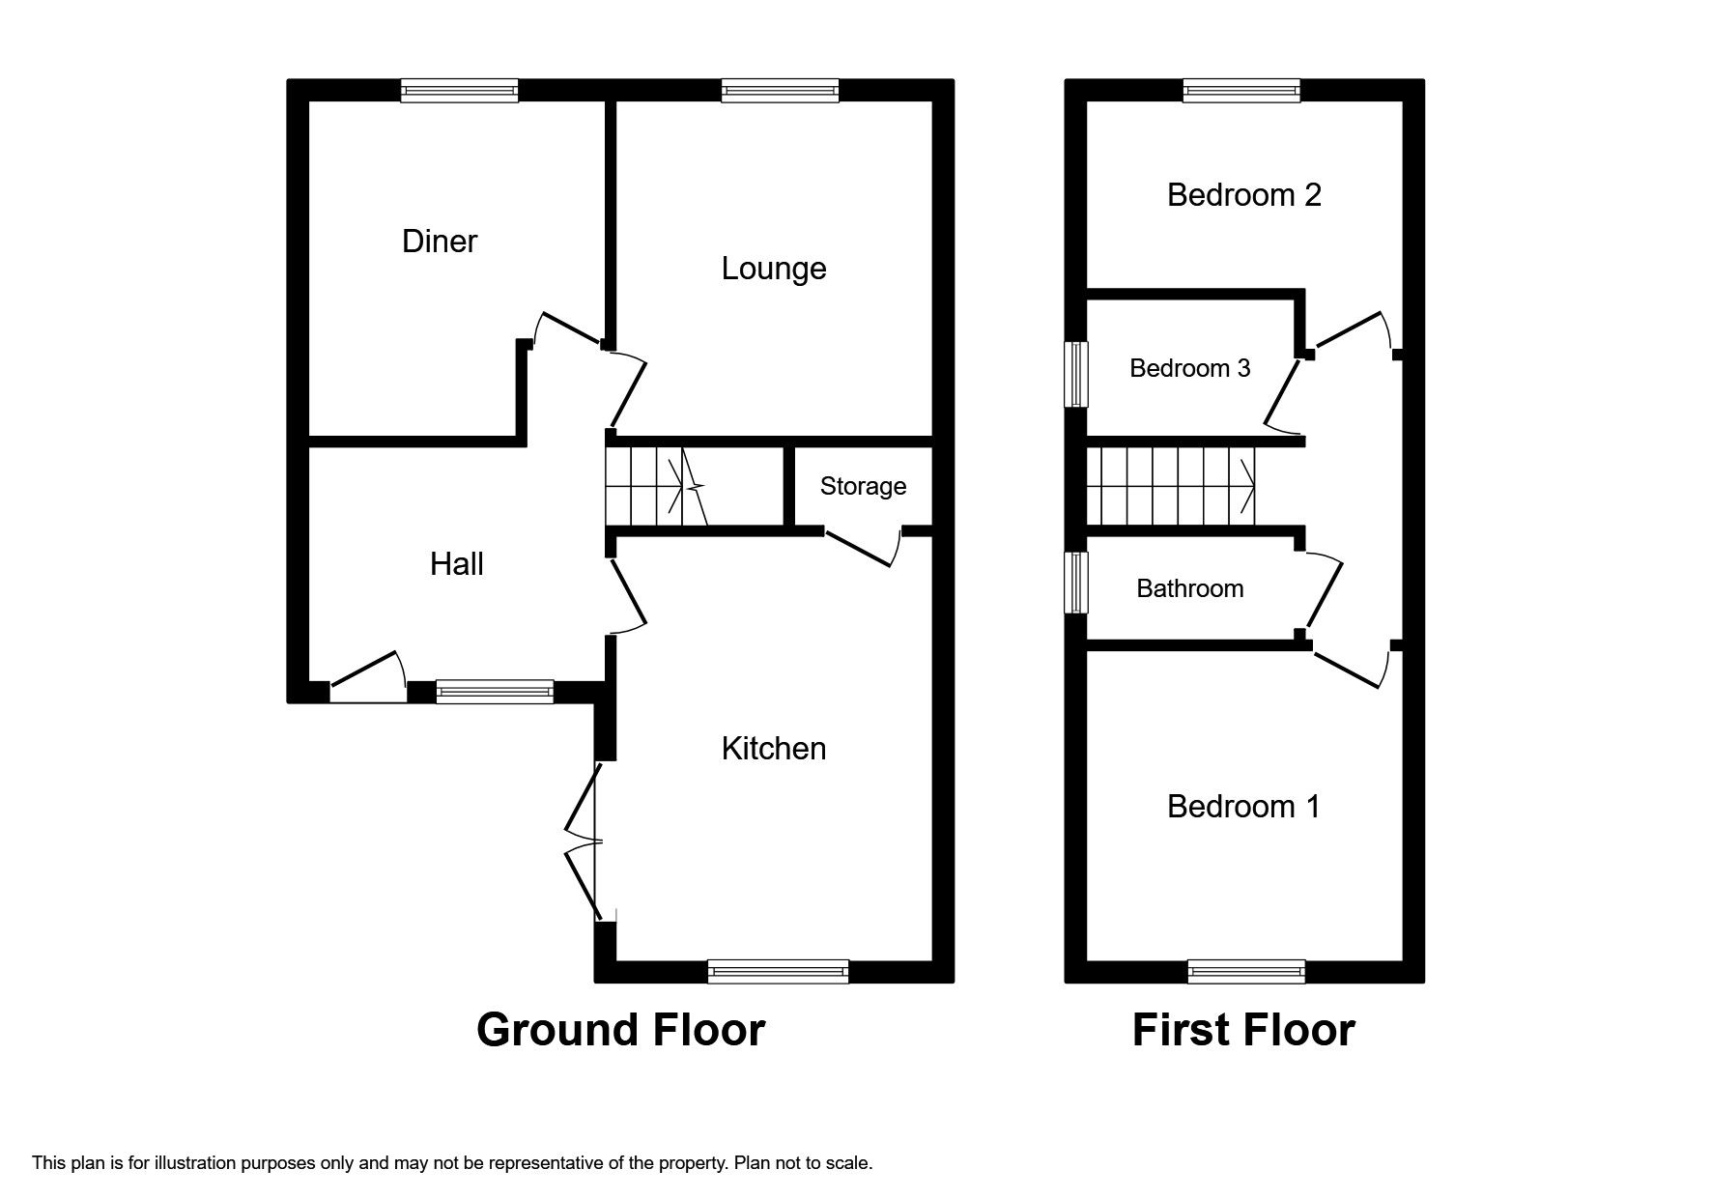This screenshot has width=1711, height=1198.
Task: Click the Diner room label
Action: click(x=439, y=241)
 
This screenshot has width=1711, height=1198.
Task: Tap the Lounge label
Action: click(x=773, y=268)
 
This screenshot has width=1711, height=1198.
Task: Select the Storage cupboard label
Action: click(x=863, y=486)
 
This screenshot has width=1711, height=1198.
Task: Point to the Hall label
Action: click(x=456, y=563)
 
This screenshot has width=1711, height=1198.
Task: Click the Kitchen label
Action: click(x=773, y=748)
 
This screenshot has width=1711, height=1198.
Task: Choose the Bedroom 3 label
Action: click(x=1189, y=368)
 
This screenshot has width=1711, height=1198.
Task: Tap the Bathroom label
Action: click(x=1189, y=588)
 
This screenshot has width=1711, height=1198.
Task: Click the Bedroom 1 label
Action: click(x=1242, y=806)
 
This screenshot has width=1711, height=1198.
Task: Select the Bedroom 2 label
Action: click(x=1243, y=195)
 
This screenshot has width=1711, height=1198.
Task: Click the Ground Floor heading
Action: click(x=620, y=1030)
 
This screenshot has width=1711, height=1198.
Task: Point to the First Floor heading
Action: click(x=1242, y=1030)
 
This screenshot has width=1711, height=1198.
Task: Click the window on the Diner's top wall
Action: click(x=460, y=91)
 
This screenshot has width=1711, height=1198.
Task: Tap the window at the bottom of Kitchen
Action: click(x=778, y=971)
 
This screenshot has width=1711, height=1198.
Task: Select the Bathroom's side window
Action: click(x=1076, y=583)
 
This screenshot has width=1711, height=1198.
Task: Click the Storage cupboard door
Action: click(x=863, y=548)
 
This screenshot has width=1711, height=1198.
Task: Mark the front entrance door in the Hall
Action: click(x=367, y=676)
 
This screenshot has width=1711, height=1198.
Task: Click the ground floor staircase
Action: click(x=657, y=487)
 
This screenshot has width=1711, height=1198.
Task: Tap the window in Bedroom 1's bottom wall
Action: click(x=1246, y=971)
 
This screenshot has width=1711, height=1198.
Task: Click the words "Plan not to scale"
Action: click(x=803, y=1163)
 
